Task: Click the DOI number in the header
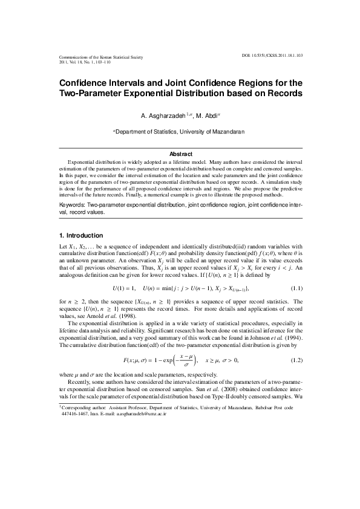click(275, 54)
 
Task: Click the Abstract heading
click(180, 154)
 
